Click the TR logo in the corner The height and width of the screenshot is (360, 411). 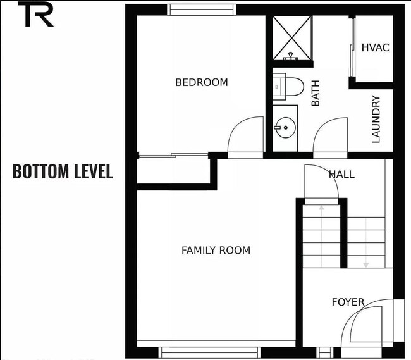[x=39, y=15]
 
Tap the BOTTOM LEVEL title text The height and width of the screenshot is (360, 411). [x=63, y=171]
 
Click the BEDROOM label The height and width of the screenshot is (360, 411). [x=201, y=82]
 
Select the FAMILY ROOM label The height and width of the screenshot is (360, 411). [x=216, y=250]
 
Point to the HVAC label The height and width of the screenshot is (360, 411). [x=374, y=48]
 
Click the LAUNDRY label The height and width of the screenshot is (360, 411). [x=376, y=119]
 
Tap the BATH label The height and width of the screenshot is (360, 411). [x=315, y=92]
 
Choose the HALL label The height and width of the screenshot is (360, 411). [x=341, y=174]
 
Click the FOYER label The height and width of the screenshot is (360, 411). [x=348, y=302]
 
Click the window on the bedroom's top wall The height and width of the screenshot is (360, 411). [x=202, y=9]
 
